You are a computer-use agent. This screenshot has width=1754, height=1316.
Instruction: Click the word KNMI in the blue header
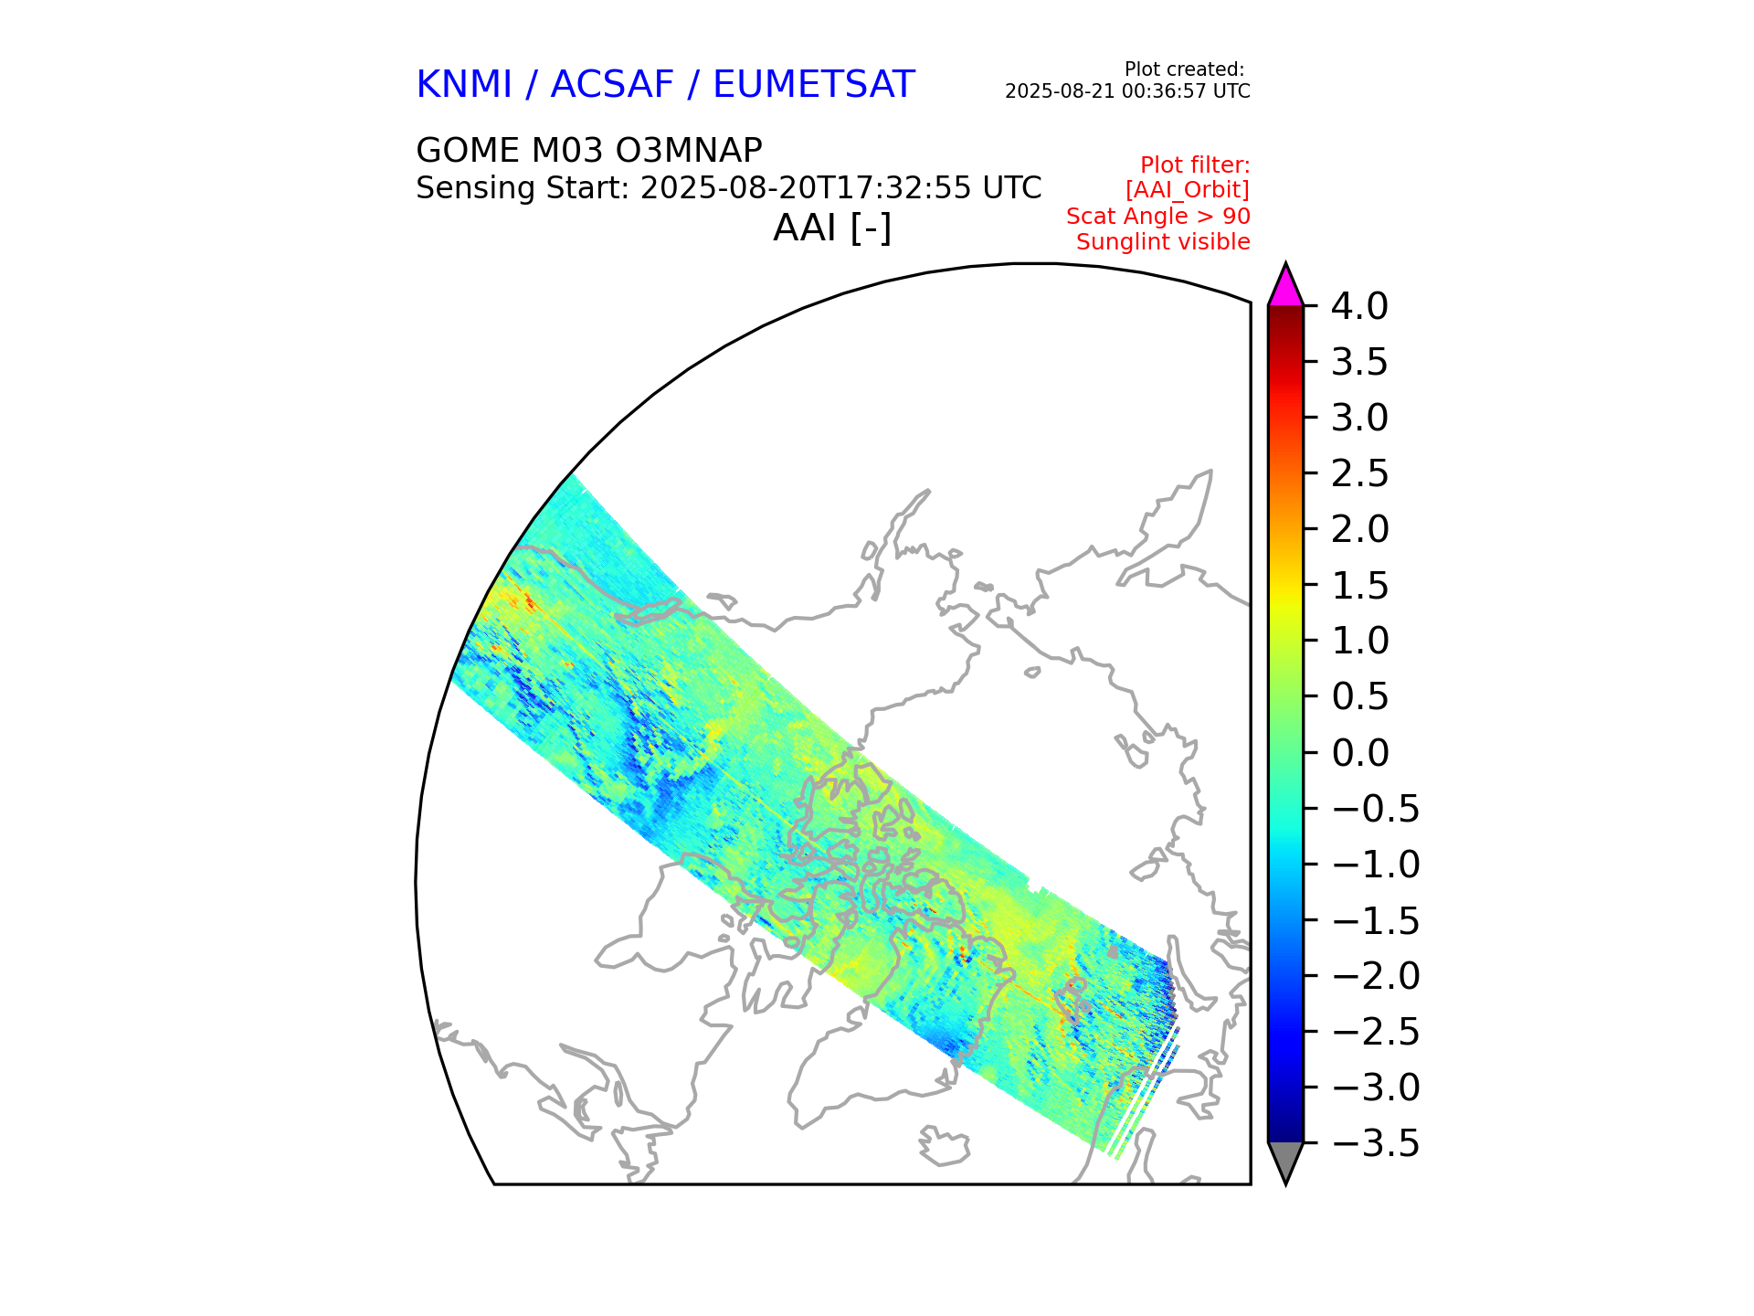tap(463, 85)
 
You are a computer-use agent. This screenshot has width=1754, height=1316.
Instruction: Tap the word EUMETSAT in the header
tap(813, 85)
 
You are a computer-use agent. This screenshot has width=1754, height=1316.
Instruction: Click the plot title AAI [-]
tap(831, 228)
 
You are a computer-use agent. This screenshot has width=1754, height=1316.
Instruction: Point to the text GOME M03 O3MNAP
tap(589, 151)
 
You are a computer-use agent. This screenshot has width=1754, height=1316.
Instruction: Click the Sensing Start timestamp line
tap(728, 188)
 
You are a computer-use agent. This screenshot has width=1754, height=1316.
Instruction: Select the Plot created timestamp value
tap(1127, 91)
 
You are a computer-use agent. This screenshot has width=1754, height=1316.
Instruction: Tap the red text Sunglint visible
tap(1163, 242)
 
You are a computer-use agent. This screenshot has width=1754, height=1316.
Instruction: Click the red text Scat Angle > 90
tap(1157, 217)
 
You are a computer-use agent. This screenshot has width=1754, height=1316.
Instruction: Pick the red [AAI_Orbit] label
tap(1187, 190)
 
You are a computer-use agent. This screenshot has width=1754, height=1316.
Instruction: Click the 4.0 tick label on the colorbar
tap(1359, 307)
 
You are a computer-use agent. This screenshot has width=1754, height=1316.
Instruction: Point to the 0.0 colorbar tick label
tap(1359, 753)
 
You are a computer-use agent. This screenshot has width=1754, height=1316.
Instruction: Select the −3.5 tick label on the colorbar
tap(1376, 1144)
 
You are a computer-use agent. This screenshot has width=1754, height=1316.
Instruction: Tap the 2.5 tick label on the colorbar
tap(1359, 474)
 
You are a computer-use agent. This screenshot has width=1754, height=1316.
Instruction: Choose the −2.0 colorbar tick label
tap(1376, 976)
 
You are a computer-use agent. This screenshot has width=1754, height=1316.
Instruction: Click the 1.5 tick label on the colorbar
tap(1359, 586)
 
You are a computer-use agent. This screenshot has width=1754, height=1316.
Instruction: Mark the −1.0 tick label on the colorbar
tap(1376, 865)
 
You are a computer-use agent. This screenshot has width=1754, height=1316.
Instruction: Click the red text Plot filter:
tap(1195, 165)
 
